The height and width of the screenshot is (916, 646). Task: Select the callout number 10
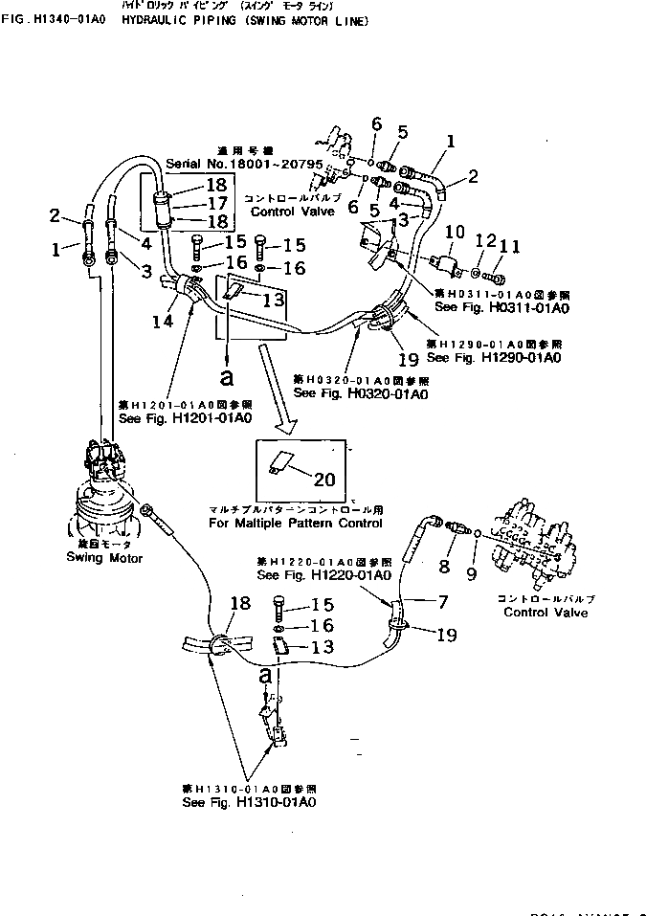click(456, 233)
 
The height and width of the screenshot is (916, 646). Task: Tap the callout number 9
click(471, 574)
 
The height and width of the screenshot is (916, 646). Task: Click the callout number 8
click(443, 568)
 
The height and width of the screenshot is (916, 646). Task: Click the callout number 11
click(508, 247)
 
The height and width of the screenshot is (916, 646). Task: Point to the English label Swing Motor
click(103, 558)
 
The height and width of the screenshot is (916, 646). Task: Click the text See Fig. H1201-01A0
click(184, 418)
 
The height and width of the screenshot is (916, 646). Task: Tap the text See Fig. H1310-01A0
click(244, 802)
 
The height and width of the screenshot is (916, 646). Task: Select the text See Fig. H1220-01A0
click(324, 575)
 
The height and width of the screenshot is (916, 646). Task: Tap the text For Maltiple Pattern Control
click(295, 524)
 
